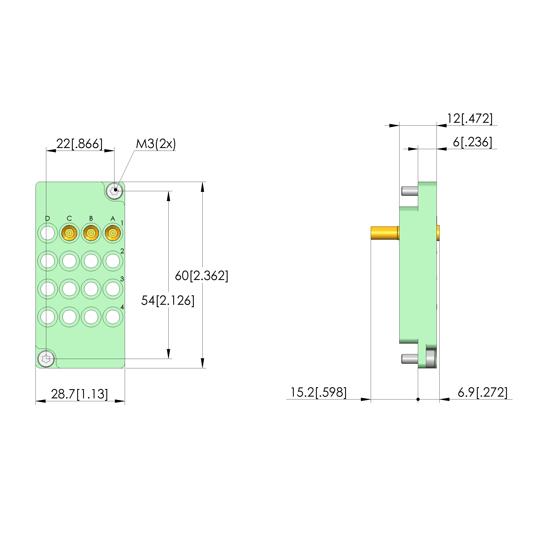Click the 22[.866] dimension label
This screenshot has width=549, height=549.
[79, 144]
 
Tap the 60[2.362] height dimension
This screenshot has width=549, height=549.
[201, 276]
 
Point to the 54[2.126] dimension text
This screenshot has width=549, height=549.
[168, 300]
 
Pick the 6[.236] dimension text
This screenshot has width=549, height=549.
[472, 142]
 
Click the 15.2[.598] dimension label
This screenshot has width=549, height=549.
[319, 392]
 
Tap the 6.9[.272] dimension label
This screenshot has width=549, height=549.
[483, 392]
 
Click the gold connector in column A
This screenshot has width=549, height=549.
[113, 233]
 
